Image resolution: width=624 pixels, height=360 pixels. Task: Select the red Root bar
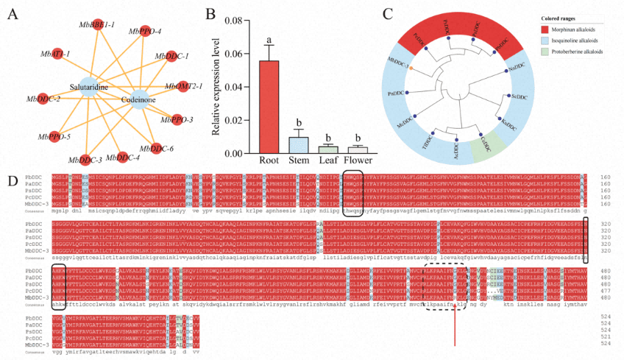pyautogui.click(x=269, y=107)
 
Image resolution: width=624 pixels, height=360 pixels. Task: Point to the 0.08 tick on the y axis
pyautogui.click(x=237, y=20)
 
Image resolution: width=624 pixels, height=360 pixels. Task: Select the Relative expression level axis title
pyautogui.click(x=218, y=87)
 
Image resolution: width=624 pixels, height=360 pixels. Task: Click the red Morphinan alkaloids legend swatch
pyautogui.click(x=541, y=28)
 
